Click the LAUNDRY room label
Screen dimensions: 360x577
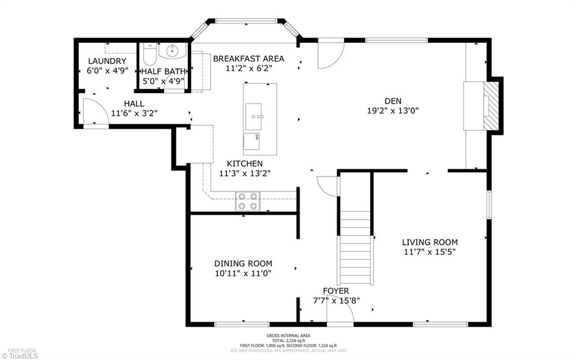click(106, 61)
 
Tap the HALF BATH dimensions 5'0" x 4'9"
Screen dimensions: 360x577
click(162, 81)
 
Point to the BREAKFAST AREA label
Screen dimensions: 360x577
click(248, 59)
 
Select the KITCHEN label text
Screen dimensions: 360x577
click(245, 163)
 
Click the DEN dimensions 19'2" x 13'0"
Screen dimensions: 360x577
click(393, 111)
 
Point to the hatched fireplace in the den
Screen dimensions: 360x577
click(492, 106)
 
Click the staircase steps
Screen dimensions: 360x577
click(356, 248)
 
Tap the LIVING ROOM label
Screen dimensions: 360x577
click(429, 242)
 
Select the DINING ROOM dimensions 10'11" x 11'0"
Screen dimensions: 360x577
click(243, 273)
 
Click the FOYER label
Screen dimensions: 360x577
click(336, 291)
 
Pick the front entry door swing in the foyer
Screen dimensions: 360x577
click(340, 316)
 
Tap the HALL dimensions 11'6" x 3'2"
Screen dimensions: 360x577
click(134, 113)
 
